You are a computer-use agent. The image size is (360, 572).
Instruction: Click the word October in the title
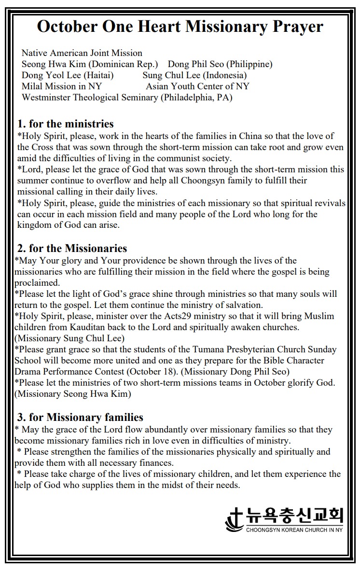[67, 27]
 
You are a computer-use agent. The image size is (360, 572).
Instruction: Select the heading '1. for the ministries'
[66, 124]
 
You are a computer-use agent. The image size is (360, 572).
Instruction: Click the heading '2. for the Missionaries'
[72, 249]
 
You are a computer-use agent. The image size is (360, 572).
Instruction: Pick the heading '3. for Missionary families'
[80, 417]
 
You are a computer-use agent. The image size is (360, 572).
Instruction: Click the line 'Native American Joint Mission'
[82, 53]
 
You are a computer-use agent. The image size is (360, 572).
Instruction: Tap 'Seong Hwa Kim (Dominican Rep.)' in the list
[90, 64]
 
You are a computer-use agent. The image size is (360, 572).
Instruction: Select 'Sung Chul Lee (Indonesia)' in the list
[194, 75]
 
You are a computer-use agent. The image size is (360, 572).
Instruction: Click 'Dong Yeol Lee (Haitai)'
[68, 75]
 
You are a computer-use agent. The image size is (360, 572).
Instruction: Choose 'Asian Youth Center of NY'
[197, 86]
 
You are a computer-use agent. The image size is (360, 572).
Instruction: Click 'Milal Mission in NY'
[62, 86]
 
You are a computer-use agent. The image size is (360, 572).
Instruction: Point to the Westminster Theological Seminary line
[127, 98]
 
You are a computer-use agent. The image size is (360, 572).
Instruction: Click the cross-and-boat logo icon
[235, 519]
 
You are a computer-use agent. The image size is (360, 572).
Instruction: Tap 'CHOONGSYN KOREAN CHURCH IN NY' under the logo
[294, 530]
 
